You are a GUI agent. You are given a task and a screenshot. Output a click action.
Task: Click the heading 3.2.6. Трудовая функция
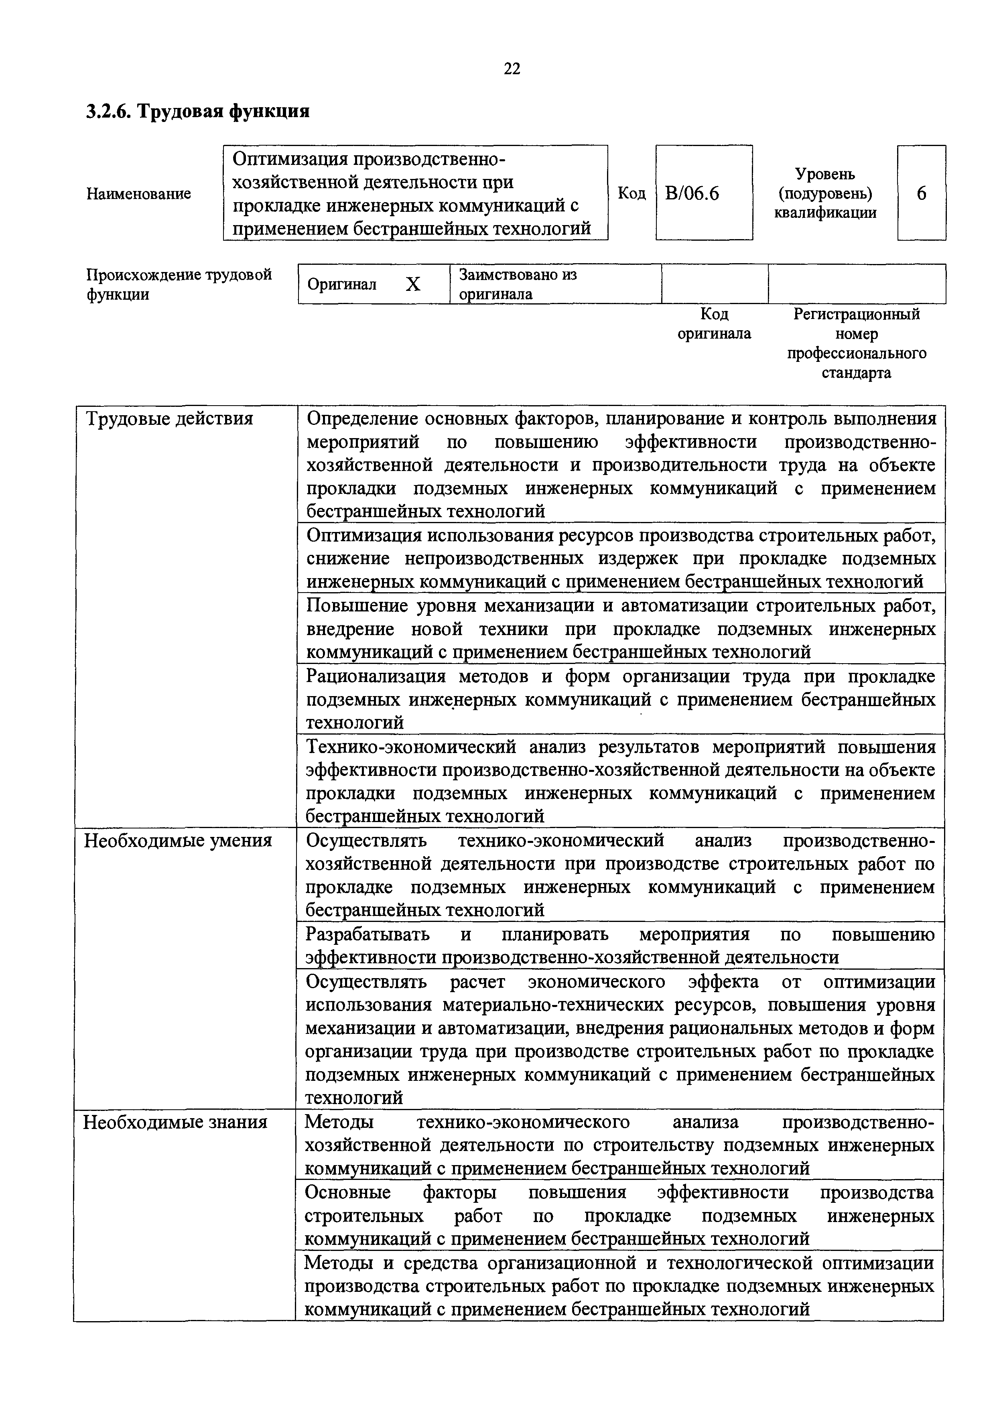(198, 111)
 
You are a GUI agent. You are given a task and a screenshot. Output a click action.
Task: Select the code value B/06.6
(692, 194)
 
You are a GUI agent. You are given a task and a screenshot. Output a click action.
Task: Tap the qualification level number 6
(922, 194)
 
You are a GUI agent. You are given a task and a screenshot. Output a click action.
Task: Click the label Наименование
(138, 194)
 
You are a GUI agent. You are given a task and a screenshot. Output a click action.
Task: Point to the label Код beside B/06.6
(631, 194)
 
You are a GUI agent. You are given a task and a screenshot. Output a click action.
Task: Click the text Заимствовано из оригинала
(518, 284)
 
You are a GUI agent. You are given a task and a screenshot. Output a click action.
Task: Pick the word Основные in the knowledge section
(347, 1192)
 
